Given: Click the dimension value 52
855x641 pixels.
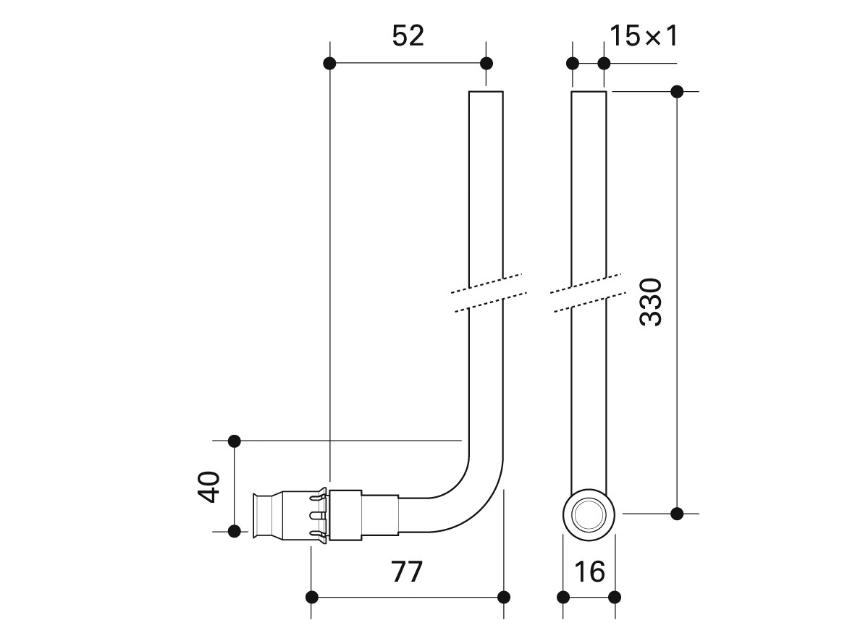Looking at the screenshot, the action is [x=408, y=36].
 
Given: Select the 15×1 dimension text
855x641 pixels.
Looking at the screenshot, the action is [x=644, y=36].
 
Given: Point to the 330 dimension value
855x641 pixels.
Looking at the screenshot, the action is [x=651, y=302].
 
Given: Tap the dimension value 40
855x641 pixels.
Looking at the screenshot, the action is [x=208, y=487].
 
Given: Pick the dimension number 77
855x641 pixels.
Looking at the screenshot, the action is [x=408, y=572].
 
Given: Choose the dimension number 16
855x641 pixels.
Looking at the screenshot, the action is [x=589, y=572].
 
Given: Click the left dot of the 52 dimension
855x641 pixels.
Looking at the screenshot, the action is [x=329, y=63].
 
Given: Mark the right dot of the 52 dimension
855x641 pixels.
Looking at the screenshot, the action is [x=487, y=63].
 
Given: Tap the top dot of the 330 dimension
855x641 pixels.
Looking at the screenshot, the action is [x=677, y=92].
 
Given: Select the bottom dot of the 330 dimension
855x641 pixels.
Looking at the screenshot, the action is [x=677, y=514].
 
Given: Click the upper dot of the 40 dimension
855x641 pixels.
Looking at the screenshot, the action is [x=234, y=441].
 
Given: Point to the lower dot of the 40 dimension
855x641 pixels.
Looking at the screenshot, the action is [x=234, y=531].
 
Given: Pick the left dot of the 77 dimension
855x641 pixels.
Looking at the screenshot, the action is [x=311, y=597].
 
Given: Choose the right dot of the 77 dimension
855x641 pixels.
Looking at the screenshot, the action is [x=504, y=597].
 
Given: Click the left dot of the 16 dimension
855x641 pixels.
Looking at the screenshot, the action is [x=563, y=597].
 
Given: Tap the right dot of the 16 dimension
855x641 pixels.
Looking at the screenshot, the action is [x=615, y=597].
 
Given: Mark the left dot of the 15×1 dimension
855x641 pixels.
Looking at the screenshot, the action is [x=573, y=63].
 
